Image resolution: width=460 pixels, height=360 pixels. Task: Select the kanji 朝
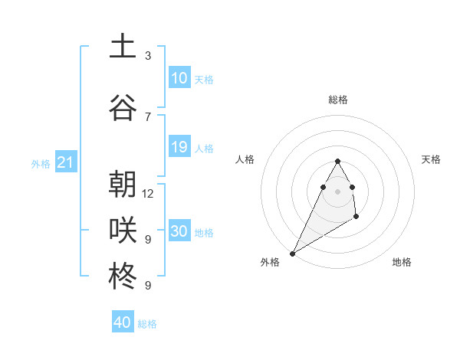(123, 185)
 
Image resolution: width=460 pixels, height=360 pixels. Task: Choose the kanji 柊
(123, 277)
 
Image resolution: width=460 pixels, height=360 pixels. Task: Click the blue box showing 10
(179, 78)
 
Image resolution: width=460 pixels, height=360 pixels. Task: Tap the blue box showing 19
(179, 147)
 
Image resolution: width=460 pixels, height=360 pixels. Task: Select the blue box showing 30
(179, 231)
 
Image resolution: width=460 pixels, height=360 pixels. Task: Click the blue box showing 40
(123, 322)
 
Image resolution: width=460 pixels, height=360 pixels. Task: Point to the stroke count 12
(148, 193)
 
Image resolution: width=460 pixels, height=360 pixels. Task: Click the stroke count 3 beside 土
(148, 55)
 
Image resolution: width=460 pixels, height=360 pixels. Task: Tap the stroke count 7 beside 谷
(148, 116)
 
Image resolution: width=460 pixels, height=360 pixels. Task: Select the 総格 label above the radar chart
(337, 100)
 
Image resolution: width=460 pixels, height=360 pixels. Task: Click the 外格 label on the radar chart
(270, 262)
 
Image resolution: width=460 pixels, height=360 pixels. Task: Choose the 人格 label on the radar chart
(245, 159)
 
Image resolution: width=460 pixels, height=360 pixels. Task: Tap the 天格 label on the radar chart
(431, 159)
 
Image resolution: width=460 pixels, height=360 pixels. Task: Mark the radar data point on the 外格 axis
(292, 253)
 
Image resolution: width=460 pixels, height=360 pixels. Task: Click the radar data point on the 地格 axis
(356, 218)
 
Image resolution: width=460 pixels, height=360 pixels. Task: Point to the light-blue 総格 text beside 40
(147, 324)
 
